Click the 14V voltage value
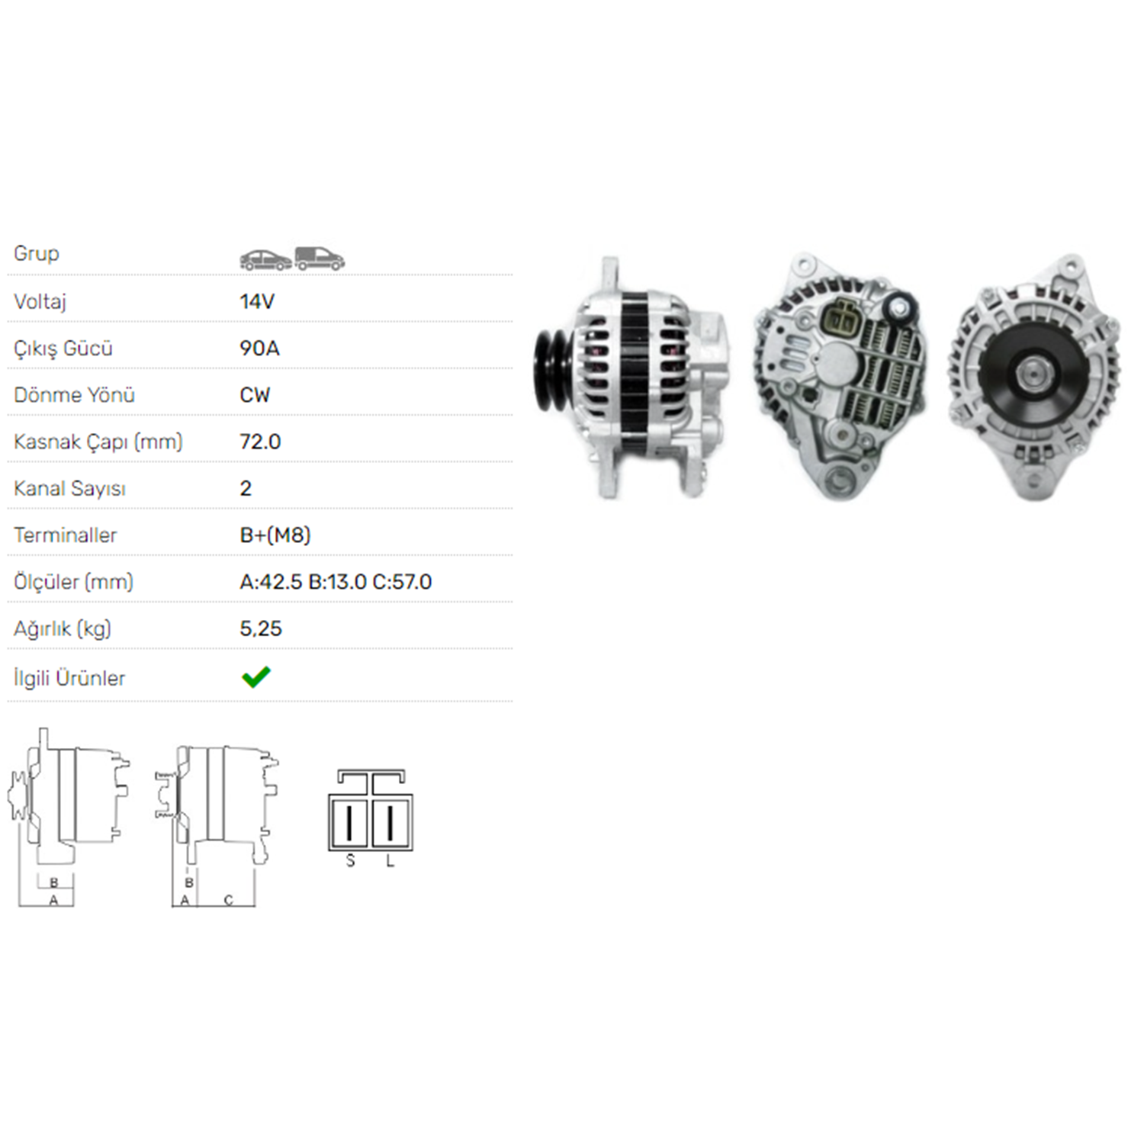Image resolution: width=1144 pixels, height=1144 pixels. click(x=257, y=302)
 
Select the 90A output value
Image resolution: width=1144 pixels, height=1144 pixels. click(x=259, y=349)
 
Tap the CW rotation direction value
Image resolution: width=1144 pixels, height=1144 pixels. click(x=255, y=395)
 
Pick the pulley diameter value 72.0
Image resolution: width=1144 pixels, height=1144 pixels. click(x=260, y=442)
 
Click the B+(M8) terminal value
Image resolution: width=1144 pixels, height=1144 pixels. click(x=275, y=535)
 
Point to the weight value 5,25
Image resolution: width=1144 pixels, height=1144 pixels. click(x=261, y=629)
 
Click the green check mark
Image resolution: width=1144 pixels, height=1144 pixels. click(x=255, y=676)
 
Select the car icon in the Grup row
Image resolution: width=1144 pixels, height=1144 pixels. click(x=265, y=259)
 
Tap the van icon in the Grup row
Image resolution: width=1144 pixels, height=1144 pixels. click(x=320, y=259)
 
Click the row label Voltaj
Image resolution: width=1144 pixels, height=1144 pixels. click(x=40, y=302)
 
